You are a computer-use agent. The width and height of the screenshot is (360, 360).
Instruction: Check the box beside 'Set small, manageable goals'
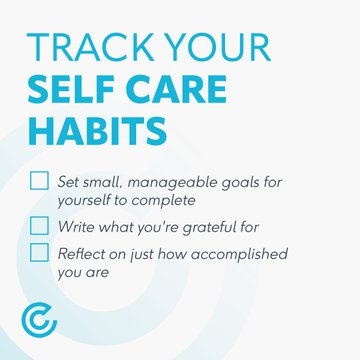pyautogui.click(x=39, y=181)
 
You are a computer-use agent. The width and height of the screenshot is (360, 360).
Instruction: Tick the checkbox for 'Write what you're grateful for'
pyautogui.click(x=39, y=225)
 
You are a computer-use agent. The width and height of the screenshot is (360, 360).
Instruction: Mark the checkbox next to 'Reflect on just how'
pyautogui.click(x=39, y=252)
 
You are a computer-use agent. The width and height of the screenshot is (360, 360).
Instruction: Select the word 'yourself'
pyautogui.click(x=87, y=200)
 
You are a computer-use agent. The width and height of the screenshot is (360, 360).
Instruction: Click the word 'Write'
pyautogui.click(x=78, y=226)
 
